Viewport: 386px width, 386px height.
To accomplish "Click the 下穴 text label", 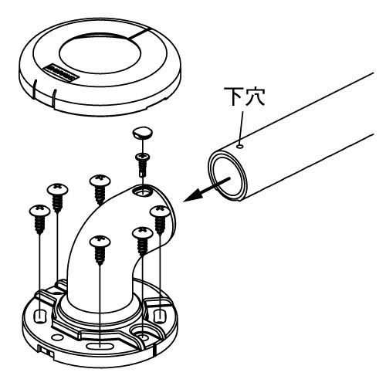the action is pos(244,96).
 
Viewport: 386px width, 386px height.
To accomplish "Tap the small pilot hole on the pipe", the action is pos(241,146).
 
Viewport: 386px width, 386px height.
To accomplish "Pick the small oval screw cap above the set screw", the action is pos(143,133).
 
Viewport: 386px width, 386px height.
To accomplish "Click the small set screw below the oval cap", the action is pos(142,164).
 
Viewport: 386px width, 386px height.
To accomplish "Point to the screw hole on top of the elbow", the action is pos(142,191).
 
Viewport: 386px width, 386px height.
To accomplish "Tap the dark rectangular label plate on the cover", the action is pos(61,73).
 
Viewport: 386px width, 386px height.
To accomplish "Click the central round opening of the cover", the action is pos(100,53).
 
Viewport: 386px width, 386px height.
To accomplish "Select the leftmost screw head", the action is pos(39,210).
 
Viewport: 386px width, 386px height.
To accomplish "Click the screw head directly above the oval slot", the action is pos(100,241).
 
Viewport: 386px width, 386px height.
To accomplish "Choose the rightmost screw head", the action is pos(160,212).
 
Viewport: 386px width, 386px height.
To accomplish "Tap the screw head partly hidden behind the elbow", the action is pos(100,181).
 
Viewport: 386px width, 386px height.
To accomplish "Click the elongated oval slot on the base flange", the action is pos(100,345).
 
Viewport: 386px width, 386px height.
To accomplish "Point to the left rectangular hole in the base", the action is pos(40,316).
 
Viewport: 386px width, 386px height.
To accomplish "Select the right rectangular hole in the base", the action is pos(160,316).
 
